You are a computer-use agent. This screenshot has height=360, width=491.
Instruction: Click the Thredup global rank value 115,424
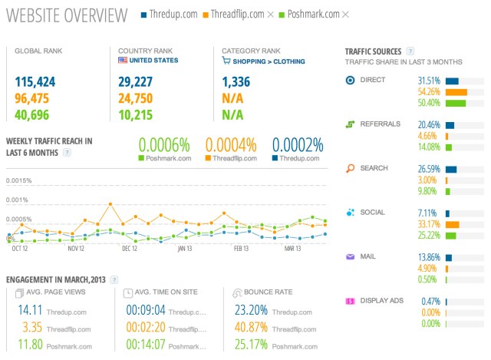[x=34, y=81]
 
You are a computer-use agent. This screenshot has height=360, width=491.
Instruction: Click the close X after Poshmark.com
[x=345, y=15]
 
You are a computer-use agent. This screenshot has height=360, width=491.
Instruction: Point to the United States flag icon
[x=123, y=60]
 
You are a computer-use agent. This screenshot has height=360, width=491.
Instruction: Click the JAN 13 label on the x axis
[x=185, y=248]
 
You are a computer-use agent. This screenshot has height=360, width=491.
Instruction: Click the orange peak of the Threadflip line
[x=111, y=204]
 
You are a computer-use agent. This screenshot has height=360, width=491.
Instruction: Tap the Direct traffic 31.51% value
[x=429, y=81]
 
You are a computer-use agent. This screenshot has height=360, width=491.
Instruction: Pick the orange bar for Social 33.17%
[x=452, y=225]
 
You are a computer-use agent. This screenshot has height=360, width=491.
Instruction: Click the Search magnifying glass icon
[x=350, y=168]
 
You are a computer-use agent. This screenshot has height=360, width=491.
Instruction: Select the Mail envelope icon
[x=350, y=257]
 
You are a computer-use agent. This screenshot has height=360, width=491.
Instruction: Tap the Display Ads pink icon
[x=350, y=301]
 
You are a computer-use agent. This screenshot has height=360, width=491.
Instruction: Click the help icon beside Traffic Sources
[x=410, y=51]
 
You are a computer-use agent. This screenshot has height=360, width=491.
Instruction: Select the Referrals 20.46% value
[x=429, y=124]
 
